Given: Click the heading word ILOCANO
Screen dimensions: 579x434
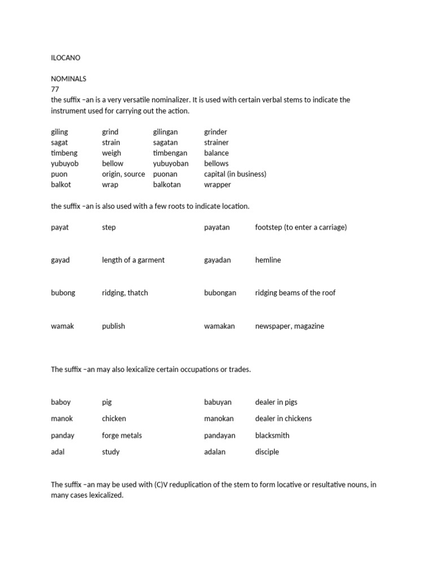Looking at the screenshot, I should tap(66, 57).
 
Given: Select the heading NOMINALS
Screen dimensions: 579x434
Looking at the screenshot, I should tap(68, 79).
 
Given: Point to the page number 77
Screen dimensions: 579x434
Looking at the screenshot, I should tap(55, 89).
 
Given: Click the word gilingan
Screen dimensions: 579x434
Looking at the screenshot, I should tap(165, 132).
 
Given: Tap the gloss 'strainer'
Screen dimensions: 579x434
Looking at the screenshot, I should tap(216, 142).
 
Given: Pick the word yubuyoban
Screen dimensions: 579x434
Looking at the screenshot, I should tap(171, 163).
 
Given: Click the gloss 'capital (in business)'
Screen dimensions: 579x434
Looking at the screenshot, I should tap(235, 174).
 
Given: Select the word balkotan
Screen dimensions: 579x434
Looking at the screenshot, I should tap(168, 184).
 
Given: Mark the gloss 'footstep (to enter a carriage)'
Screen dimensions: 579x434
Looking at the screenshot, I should tap(301, 227).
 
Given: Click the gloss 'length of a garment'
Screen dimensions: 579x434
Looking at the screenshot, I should tap(133, 260).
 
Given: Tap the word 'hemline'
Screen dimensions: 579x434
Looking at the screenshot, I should tap(268, 260).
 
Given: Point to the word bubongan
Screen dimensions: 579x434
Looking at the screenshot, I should tap(220, 293).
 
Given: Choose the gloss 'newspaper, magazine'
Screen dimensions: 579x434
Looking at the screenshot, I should tap(289, 326).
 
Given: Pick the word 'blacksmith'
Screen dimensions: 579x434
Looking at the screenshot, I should tap(272, 435).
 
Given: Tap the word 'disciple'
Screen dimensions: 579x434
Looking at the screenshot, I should tap(267, 452).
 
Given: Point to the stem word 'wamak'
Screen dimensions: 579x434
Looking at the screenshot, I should tap(62, 326).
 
